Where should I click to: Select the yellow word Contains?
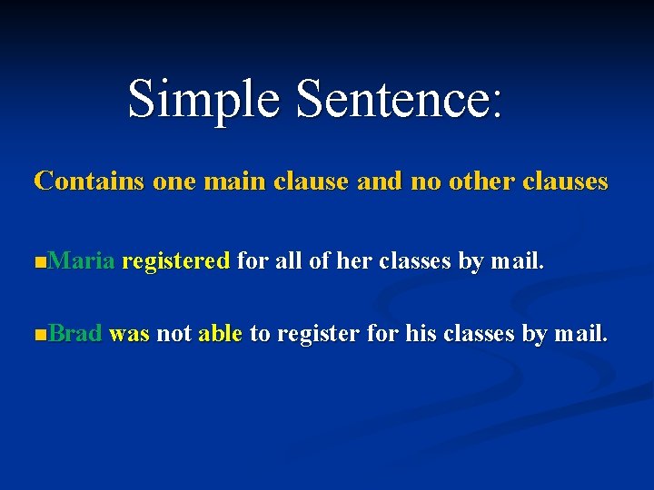click(89, 181)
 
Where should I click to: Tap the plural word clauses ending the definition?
click(566, 181)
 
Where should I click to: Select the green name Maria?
click(82, 262)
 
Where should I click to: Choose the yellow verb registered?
click(175, 262)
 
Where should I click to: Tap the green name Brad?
click(75, 334)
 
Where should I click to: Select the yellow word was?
click(129, 334)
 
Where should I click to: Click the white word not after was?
click(173, 334)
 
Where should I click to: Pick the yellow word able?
click(220, 334)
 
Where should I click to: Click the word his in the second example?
click(421, 334)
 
